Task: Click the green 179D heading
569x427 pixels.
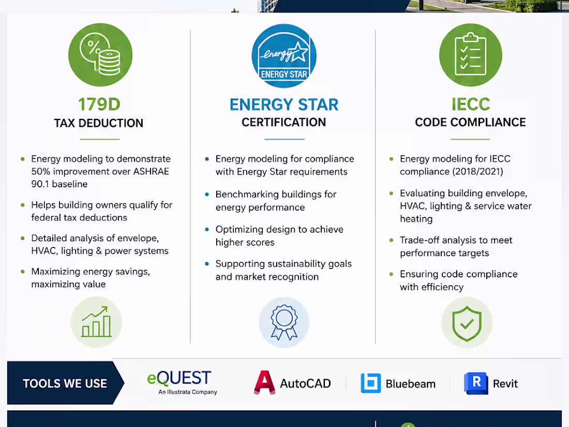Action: click(99, 105)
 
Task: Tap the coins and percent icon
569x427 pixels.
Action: click(100, 55)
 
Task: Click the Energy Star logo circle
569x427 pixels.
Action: click(284, 56)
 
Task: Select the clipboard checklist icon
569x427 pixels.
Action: click(471, 55)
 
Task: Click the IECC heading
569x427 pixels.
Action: click(471, 104)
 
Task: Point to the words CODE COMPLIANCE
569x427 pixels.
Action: click(470, 122)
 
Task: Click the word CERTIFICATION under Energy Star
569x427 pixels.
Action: click(284, 122)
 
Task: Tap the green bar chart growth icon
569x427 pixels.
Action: click(97, 322)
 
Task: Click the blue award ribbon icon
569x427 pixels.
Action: click(284, 322)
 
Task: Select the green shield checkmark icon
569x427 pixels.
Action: click(467, 322)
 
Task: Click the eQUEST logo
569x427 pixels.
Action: click(182, 382)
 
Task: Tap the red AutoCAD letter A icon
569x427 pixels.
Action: click(264, 382)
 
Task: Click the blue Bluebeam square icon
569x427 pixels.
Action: click(371, 383)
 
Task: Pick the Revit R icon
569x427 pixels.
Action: click(476, 383)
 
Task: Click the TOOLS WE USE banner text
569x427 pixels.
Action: click(65, 384)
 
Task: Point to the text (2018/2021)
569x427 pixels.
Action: click(478, 171)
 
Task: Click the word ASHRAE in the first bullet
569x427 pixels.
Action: click(151, 171)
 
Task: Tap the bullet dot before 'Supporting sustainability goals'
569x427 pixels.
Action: click(207, 264)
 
